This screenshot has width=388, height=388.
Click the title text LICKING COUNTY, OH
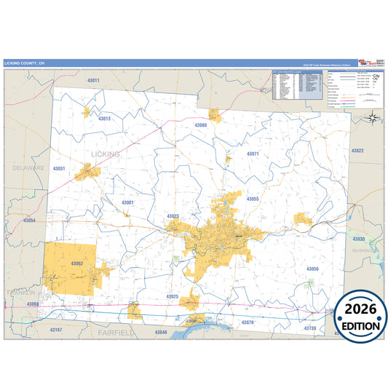(x=24, y=63)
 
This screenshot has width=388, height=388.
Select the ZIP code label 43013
(x=104, y=118)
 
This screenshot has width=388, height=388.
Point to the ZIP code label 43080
(x=201, y=125)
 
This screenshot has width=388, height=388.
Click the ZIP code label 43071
(x=253, y=154)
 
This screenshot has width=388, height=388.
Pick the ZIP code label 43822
(x=357, y=151)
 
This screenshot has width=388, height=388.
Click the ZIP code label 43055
(x=253, y=199)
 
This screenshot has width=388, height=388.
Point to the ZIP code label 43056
(x=312, y=269)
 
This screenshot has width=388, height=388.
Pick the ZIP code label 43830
(x=358, y=239)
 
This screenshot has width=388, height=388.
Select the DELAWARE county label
(x=28, y=167)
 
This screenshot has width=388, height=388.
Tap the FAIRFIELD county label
(x=118, y=332)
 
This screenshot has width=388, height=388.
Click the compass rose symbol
(x=372, y=117)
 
